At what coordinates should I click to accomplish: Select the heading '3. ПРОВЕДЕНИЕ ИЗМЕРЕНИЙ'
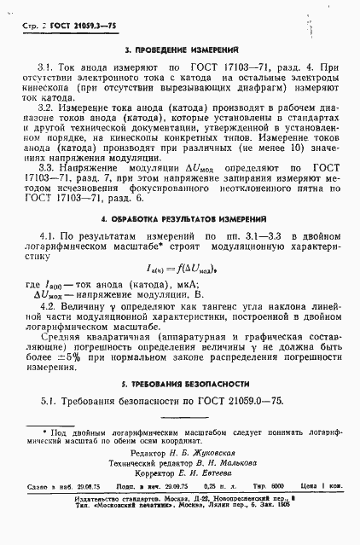click(179, 50)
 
